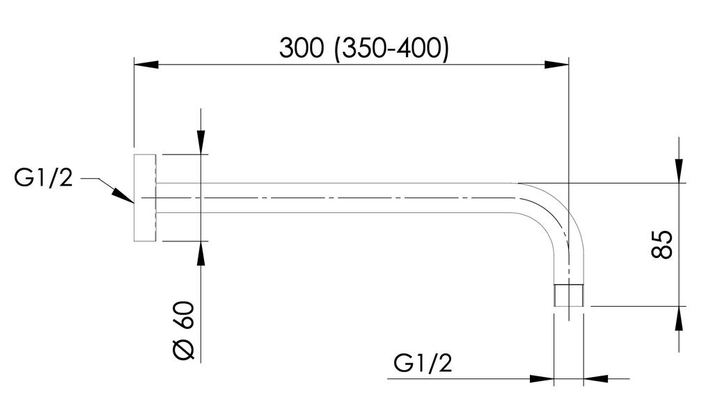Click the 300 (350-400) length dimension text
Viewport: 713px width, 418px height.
point(363,48)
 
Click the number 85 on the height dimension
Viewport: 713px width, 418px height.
point(662,243)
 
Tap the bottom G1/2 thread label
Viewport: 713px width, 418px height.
point(423,364)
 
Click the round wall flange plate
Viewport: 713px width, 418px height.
point(144,198)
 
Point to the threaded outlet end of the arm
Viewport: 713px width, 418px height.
point(568,295)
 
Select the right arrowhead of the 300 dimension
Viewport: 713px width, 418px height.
point(556,65)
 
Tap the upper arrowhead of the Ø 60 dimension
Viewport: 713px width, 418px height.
point(201,143)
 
